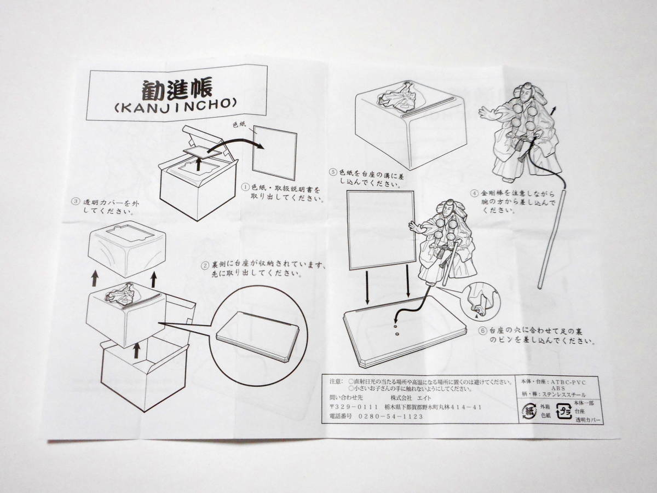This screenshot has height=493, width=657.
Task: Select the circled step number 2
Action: click(205, 265)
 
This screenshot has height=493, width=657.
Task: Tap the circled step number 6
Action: click(482, 331)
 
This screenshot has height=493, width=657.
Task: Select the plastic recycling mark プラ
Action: click(564, 410)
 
